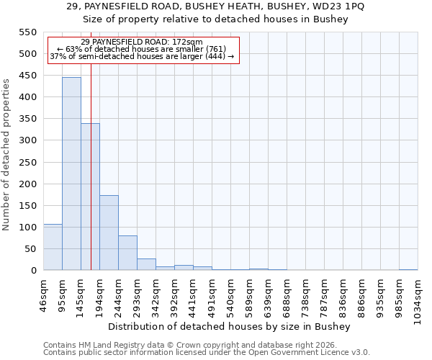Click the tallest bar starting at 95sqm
point(71,174)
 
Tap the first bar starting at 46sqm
point(53,247)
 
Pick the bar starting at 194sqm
point(109,233)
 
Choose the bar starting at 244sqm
point(127,253)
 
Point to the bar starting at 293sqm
point(146,264)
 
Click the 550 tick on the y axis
point(27,32)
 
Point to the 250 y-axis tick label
point(27,162)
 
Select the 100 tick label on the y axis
point(27,228)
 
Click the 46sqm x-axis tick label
point(43,292)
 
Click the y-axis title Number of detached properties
point(6,155)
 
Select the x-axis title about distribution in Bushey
point(233,326)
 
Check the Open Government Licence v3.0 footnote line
point(207,352)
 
